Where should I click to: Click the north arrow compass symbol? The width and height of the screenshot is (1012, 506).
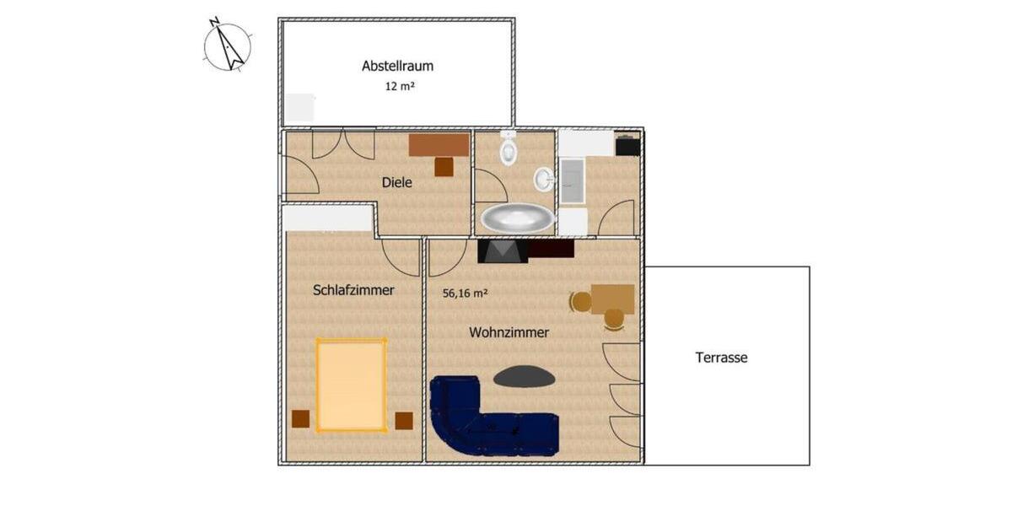[228, 47]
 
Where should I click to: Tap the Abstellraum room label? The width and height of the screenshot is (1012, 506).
[397, 66]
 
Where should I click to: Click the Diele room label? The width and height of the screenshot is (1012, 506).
[396, 182]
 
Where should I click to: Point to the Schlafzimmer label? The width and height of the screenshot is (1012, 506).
[353, 290]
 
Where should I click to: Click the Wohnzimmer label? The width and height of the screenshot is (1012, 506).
[509, 332]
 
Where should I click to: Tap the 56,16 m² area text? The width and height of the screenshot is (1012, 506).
[466, 293]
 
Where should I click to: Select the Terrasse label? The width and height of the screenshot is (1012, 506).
[721, 358]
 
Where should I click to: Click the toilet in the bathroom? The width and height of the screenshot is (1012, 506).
[509, 149]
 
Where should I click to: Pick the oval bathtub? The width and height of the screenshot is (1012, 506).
[518, 218]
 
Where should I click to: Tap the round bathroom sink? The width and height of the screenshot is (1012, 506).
[544, 179]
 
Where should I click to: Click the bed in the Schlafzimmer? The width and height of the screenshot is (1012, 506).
[351, 385]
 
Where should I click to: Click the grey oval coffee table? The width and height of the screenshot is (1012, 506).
[525, 376]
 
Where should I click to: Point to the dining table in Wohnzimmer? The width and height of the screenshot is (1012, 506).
[612, 299]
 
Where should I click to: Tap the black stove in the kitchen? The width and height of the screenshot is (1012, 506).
[627, 146]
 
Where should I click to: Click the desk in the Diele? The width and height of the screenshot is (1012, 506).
[439, 145]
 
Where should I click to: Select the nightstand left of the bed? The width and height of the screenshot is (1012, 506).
[300, 419]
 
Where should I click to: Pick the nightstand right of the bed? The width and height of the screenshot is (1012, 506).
[404, 420]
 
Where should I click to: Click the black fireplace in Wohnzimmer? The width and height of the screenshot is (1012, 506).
[503, 250]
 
